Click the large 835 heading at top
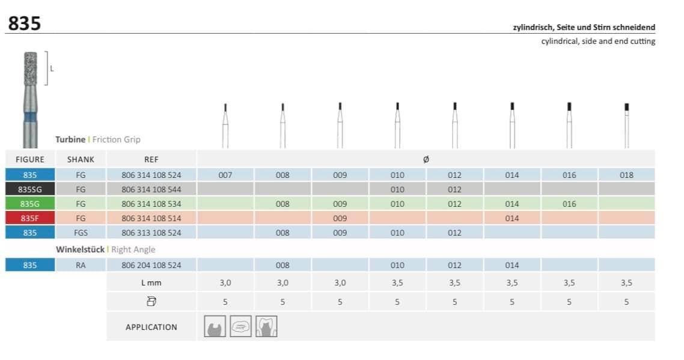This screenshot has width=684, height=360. click(x=25, y=23)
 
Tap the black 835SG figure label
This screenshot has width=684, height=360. click(x=29, y=189)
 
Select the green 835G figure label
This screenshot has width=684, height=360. click(x=29, y=204)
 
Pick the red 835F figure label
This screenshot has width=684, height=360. click(x=29, y=218)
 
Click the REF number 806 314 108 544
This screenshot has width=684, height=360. click(x=151, y=189)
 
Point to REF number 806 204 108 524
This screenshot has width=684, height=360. click(x=151, y=265)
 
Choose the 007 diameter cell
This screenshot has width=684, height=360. click(x=225, y=175)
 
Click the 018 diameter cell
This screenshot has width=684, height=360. click(x=626, y=175)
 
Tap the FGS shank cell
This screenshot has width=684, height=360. click(x=81, y=233)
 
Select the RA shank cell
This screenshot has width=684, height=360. click(x=81, y=265)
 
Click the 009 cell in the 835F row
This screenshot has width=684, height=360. click(x=340, y=218)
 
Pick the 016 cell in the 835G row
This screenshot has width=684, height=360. click(x=569, y=204)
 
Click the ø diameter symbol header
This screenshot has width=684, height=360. click(x=426, y=159)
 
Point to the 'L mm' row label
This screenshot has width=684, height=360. click(x=151, y=282)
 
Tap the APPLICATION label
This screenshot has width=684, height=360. click(x=151, y=327)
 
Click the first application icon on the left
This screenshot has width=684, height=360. click(x=215, y=326)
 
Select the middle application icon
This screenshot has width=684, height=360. click(x=240, y=326)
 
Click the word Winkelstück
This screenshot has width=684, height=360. click(x=80, y=249)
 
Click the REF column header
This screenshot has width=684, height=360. click(x=151, y=159)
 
